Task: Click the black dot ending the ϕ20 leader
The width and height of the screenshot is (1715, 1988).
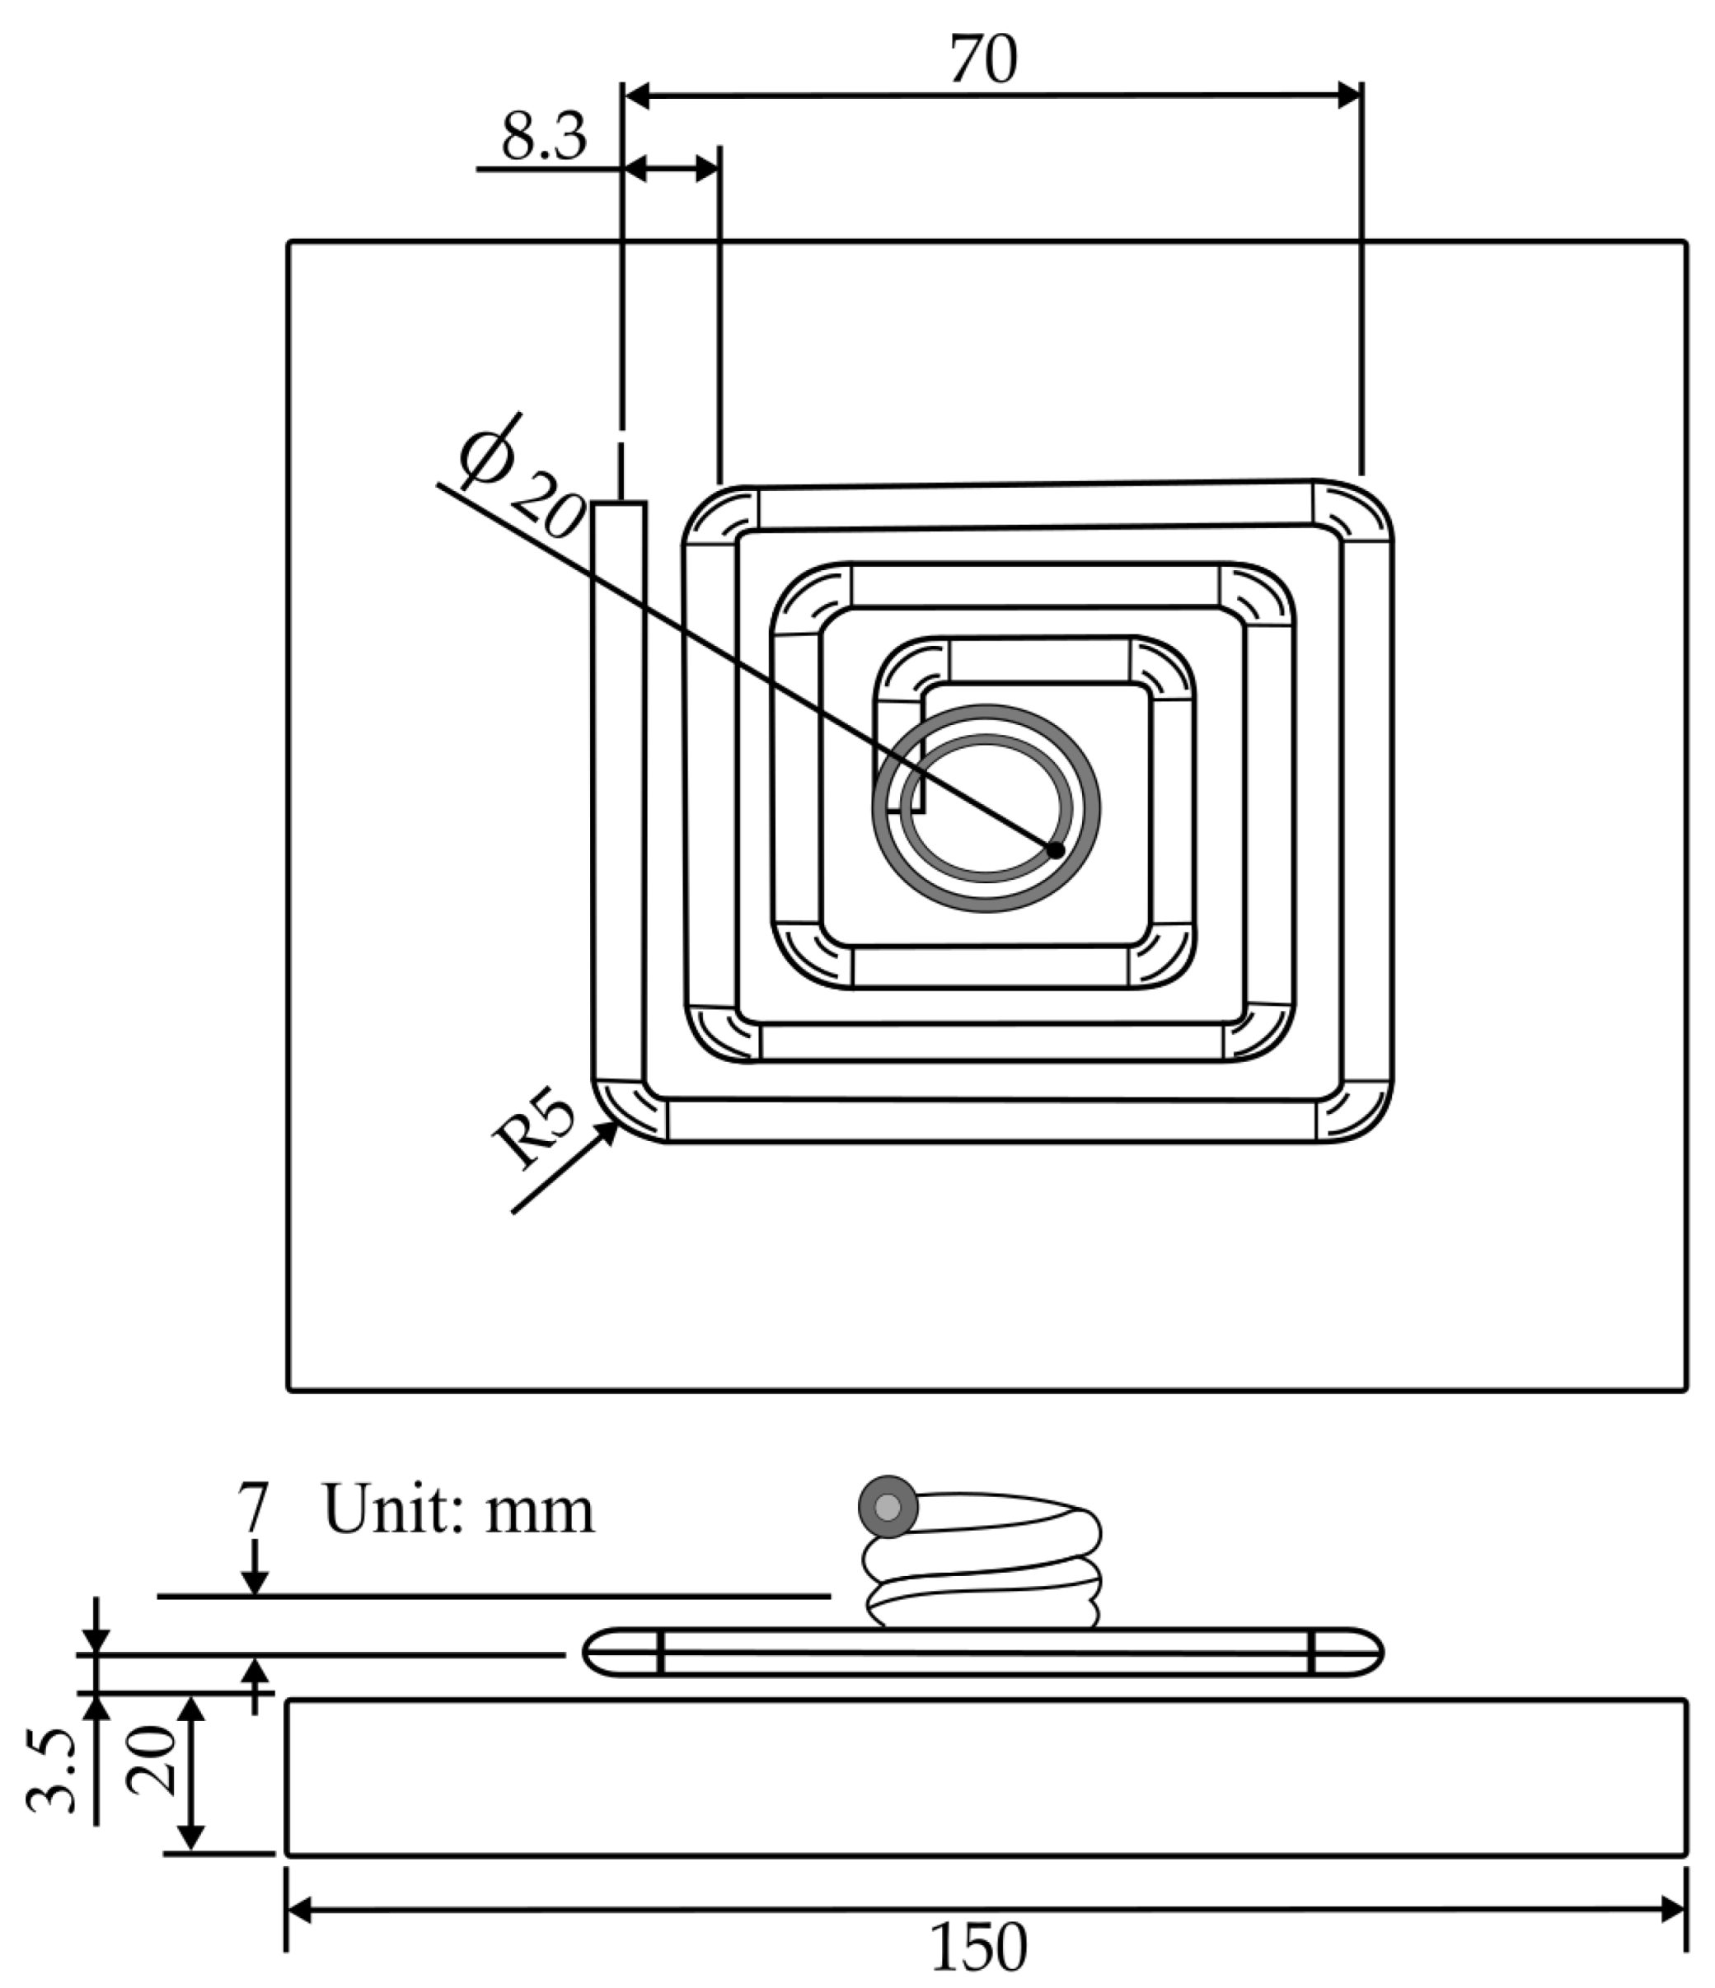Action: click(x=1056, y=850)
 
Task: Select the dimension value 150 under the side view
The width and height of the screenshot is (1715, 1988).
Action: click(x=979, y=1948)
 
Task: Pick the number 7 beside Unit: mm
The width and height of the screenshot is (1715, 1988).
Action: click(x=253, y=1509)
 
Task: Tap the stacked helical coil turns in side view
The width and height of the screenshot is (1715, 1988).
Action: click(x=984, y=1574)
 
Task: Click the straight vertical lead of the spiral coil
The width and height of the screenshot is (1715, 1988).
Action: click(x=619, y=787)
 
